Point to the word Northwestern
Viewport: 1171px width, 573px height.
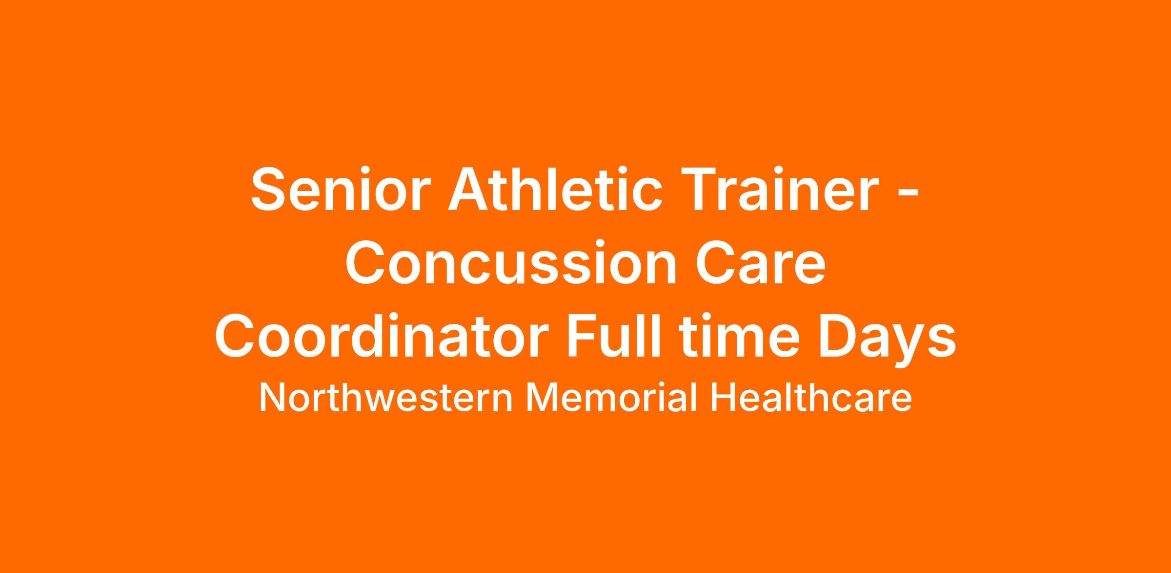point(385,397)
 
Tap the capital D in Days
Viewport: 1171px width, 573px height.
point(840,336)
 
